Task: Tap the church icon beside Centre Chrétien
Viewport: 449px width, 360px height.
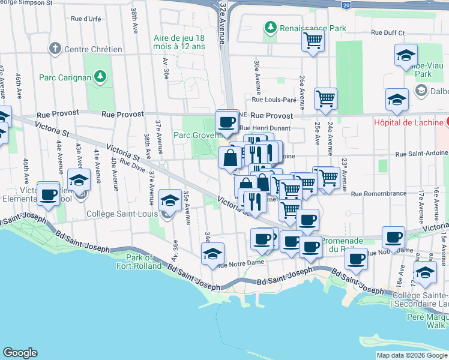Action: (55, 48)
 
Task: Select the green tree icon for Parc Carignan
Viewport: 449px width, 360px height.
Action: (100, 76)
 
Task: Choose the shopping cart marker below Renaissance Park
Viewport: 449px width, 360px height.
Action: (312, 41)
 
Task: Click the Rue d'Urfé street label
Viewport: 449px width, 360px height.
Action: (85, 19)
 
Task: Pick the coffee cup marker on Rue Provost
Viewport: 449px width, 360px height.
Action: (227, 122)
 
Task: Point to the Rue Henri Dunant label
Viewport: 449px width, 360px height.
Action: (265, 128)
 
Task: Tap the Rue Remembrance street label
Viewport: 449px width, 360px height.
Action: (378, 194)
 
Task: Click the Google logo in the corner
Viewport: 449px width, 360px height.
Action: (20, 353)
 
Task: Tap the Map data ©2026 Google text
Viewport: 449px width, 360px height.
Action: (412, 355)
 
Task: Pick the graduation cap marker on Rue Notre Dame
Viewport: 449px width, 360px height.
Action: (212, 254)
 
